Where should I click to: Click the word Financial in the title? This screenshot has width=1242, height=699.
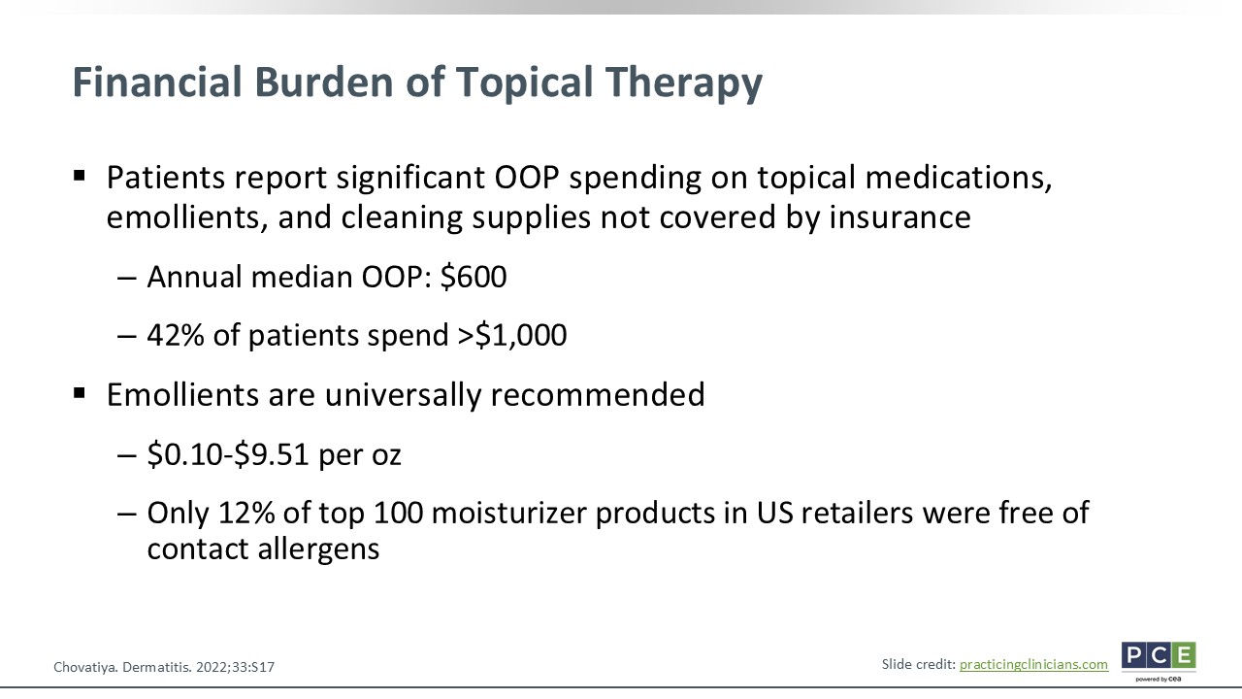point(157,82)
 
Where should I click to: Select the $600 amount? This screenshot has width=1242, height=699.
point(474,277)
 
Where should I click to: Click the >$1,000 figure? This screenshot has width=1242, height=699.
point(511,335)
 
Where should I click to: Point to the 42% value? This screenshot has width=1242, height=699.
point(176,335)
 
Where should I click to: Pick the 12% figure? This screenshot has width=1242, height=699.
point(246,513)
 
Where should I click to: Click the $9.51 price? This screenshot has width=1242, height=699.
point(271,454)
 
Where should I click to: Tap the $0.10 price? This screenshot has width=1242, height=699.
point(184,454)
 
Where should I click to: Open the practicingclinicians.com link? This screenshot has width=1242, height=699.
point(1033,665)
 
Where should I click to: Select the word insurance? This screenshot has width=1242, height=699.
point(899,216)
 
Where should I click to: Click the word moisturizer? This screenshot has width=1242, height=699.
point(508,513)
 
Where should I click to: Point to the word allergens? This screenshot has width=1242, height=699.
point(318,549)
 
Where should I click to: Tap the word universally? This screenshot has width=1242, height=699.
point(403,395)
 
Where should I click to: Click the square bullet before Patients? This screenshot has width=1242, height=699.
point(80,177)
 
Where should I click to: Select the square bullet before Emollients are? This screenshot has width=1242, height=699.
point(80,394)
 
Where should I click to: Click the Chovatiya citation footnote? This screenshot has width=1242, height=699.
point(164,667)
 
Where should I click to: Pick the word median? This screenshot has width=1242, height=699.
point(302,277)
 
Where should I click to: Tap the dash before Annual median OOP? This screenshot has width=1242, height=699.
point(127,278)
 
